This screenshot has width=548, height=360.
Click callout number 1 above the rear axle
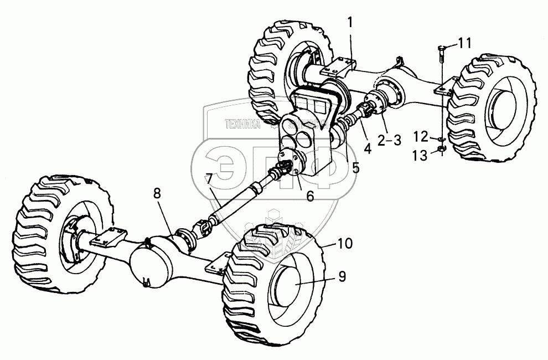pyautogui.click(x=349, y=23)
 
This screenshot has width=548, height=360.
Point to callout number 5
pyautogui.click(x=355, y=166)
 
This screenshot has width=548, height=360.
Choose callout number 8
pyautogui.click(x=157, y=194)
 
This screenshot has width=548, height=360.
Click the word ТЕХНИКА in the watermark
pyautogui.click(x=242, y=125)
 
